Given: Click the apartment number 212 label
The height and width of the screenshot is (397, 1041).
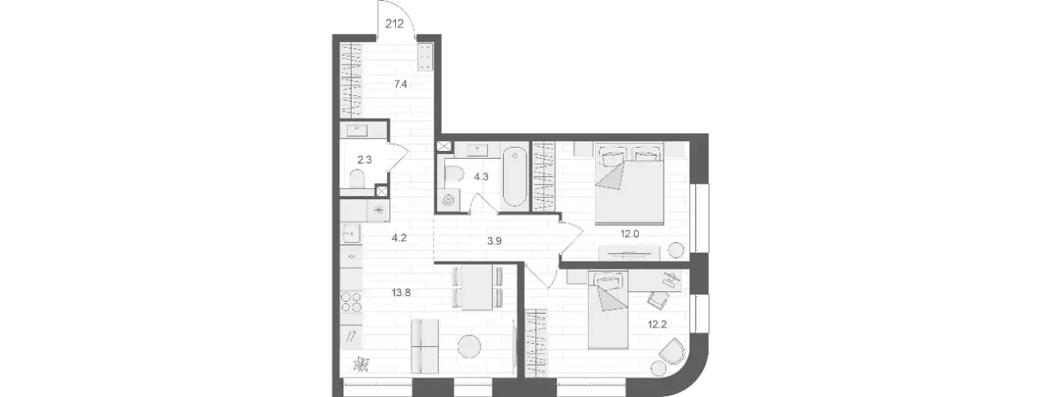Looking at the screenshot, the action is coord(394,23).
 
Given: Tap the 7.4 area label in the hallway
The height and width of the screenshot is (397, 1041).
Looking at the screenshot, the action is coord(401,84).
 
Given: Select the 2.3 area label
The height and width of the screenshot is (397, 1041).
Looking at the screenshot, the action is coord(364,160).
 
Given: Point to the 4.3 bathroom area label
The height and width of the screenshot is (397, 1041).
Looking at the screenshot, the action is coord(481,177).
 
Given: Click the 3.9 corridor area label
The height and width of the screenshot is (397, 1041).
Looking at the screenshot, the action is coord(494,240).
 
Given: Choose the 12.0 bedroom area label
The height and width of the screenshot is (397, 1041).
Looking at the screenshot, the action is coord(630,234).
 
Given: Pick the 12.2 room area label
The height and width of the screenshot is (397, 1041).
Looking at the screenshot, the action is coord(657,324).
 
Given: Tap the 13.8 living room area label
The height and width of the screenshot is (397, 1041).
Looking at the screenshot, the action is coord(401,293).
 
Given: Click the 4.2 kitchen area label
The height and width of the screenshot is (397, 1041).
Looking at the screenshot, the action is coord(399,238).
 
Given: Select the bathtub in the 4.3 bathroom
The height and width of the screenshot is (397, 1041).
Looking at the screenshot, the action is coord(515,177).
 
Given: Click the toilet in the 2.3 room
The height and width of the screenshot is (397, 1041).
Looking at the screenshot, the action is coord(357,179).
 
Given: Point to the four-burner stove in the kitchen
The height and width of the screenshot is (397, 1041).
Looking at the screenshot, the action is coord(352,302).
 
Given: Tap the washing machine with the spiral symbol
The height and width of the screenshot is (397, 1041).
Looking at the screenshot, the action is coord(448,200).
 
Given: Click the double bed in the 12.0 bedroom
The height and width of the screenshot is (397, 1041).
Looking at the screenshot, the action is coord(629,184).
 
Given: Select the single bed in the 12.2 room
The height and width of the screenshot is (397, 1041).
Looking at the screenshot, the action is coord(608,310).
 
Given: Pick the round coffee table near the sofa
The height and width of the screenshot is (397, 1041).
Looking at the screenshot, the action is coord(469,347).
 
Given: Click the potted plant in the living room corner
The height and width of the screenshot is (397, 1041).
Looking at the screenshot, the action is coord(360,364).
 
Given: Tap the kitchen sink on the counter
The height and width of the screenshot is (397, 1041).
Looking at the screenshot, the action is coord(352,234).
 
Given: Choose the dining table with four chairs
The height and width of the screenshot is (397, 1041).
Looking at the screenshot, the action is coord(477,287).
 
